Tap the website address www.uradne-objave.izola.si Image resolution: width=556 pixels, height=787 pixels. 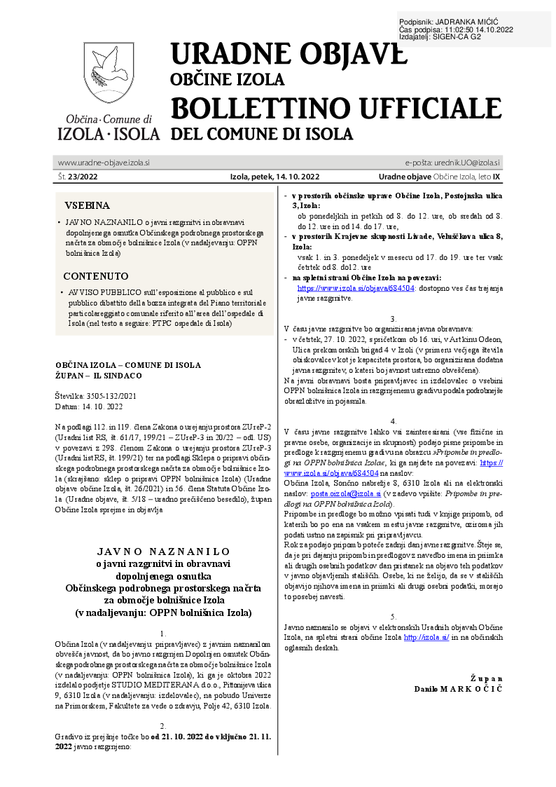pos(104,163)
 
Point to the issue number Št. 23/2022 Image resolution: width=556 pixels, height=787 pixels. pos(78,178)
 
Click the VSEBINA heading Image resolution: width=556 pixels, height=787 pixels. pos(87,206)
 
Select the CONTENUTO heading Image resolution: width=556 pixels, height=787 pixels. pos(96,276)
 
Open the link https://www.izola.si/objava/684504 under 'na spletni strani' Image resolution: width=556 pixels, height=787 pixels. pos(356,287)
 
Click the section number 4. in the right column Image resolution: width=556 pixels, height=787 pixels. pos(394,421)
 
